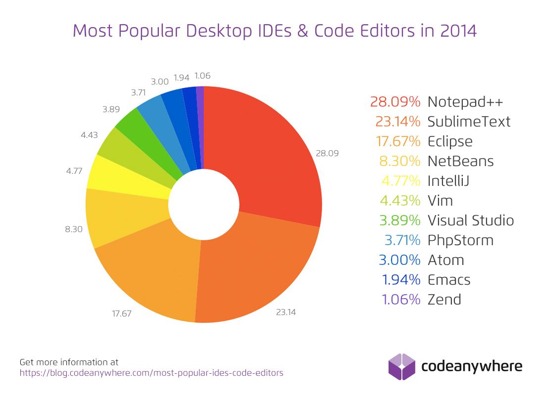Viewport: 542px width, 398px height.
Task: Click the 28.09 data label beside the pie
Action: coord(327,153)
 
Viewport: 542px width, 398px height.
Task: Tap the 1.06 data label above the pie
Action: coord(203,76)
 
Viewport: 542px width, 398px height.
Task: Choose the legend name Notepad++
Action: coord(465,102)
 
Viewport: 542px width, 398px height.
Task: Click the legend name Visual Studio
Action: coord(471,221)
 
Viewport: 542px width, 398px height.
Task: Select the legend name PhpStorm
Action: coord(460,240)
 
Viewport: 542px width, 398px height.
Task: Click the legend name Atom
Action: coord(445,260)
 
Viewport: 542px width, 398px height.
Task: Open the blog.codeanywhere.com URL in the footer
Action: coord(151,373)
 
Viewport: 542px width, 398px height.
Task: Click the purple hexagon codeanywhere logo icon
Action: coord(401,366)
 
